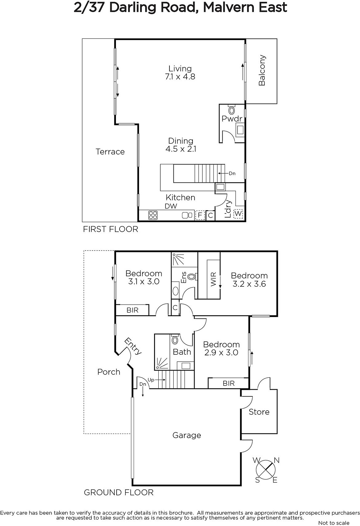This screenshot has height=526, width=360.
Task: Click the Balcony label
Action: pyautogui.click(x=262, y=70)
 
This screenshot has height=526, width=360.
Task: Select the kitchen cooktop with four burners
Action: pyautogui.click(x=153, y=215)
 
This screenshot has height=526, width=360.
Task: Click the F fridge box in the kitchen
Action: pyautogui.click(x=200, y=215)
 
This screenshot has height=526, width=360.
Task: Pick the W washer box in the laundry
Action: pyautogui.click(x=238, y=214)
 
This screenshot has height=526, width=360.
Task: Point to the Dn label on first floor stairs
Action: pyautogui.click(x=232, y=174)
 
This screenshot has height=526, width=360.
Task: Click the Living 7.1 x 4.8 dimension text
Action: pyautogui.click(x=180, y=77)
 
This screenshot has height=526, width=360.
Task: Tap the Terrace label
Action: pyautogui.click(x=110, y=152)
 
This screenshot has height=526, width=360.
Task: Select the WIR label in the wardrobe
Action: pyautogui.click(x=213, y=279)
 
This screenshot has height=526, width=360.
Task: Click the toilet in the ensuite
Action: pyautogui.click(x=192, y=276)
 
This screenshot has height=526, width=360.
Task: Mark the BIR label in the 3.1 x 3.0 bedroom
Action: pyautogui.click(x=132, y=310)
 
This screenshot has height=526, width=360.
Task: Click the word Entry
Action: pyautogui.click(x=133, y=346)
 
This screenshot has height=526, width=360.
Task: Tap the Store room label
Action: pyautogui.click(x=259, y=412)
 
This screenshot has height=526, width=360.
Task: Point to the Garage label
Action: pyautogui.click(x=187, y=435)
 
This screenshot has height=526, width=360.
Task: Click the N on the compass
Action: pyautogui.click(x=277, y=461)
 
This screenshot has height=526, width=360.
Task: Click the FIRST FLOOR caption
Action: pyautogui.click(x=111, y=229)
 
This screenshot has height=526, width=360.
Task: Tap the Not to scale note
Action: pyautogui.click(x=334, y=523)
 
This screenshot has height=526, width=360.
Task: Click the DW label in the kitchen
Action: pyautogui.click(x=171, y=206)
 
